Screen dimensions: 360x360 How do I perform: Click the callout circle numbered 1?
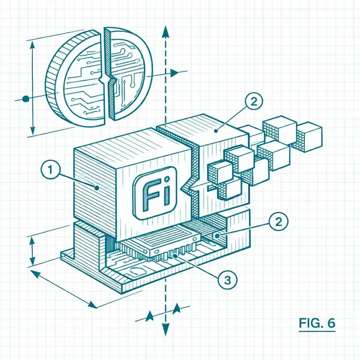[51, 170]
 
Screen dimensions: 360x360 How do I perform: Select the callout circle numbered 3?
[227, 280]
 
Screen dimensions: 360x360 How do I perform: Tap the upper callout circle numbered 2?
[254, 102]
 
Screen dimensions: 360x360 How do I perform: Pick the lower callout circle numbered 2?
[278, 222]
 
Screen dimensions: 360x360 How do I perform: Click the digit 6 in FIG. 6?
[331, 323]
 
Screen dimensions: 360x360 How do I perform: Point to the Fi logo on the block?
[155, 193]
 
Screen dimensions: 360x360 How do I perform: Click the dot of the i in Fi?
[168, 178]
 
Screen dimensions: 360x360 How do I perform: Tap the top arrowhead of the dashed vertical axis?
[165, 31]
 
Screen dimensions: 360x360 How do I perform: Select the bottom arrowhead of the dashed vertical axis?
[165, 329]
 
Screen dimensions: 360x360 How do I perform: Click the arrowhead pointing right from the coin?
[175, 73]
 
